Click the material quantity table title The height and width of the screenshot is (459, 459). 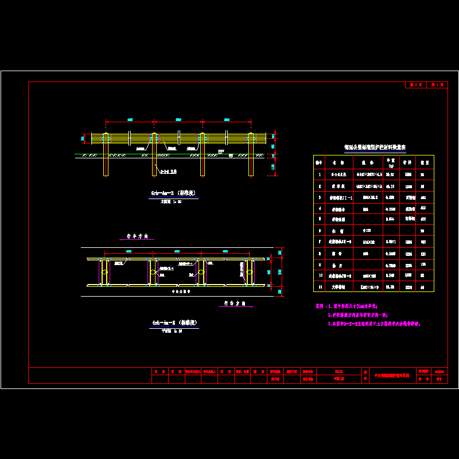point(375,147)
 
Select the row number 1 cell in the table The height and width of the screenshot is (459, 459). point(320,174)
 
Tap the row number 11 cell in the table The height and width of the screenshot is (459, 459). point(320,286)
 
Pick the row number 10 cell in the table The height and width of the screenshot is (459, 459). point(320,275)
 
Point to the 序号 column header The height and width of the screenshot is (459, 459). point(320,162)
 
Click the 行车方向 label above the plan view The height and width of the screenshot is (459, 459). point(138,236)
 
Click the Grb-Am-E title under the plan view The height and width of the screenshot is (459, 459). point(174,322)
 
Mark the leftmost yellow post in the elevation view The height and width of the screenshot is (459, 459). point(106,155)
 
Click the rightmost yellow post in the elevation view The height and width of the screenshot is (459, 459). point(251,155)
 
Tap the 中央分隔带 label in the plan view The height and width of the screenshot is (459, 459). point(182,291)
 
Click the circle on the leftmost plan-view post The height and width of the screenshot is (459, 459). point(104,272)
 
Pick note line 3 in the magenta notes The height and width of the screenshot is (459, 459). point(374,324)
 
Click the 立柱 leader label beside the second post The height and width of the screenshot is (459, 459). point(168,172)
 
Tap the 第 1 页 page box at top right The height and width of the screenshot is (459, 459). point(415,85)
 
